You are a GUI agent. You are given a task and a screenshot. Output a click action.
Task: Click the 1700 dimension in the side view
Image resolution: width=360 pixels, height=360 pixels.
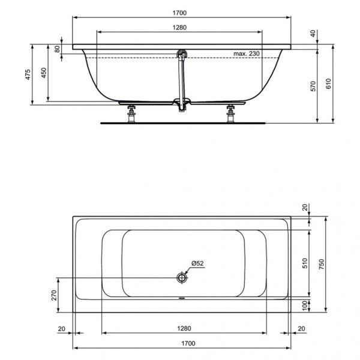click(x=181, y=10)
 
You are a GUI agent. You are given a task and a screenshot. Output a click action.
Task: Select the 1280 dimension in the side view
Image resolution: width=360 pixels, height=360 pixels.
click(x=181, y=26)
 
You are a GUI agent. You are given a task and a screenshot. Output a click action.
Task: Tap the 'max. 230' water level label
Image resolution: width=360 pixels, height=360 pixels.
click(x=247, y=54)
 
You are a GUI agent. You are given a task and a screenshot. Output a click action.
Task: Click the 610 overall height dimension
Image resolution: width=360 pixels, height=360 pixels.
click(x=328, y=85)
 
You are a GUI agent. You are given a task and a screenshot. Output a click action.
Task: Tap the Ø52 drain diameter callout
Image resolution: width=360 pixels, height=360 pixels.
click(x=199, y=264)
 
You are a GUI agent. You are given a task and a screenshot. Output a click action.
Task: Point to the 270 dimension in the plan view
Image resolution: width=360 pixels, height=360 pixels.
click(x=53, y=295)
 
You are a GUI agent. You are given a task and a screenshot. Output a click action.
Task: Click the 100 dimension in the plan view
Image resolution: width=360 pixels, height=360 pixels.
click(x=305, y=305)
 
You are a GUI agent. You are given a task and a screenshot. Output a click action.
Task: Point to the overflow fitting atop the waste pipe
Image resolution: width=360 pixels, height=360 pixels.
click(x=182, y=54)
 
